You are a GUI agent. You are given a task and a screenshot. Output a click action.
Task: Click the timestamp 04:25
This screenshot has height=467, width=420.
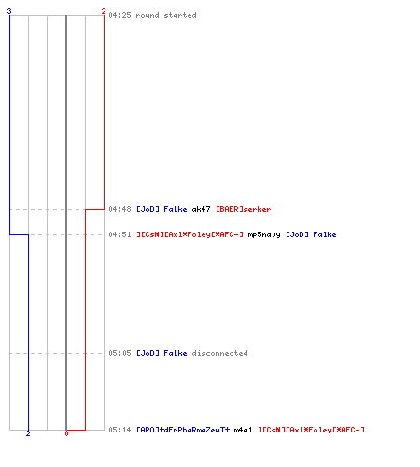[x=119, y=15]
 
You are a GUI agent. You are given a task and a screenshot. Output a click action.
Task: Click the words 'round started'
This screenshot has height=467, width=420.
[x=166, y=15]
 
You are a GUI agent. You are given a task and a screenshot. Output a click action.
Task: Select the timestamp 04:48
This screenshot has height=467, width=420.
[x=119, y=209]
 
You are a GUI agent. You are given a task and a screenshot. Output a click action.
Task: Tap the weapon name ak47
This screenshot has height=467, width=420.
[x=201, y=209]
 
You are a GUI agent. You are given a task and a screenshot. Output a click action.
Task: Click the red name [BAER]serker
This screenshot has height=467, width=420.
[x=244, y=209]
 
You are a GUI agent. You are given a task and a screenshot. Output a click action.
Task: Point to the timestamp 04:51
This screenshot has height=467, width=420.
[x=119, y=234]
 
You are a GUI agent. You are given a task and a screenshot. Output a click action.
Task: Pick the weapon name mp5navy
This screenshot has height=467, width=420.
[x=264, y=234]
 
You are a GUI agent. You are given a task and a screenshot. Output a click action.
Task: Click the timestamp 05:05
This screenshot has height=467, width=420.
[x=119, y=353]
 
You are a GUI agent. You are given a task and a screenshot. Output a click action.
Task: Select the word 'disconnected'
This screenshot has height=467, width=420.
[x=220, y=353]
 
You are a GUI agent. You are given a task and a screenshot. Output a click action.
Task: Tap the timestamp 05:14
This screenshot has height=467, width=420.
[x=119, y=430]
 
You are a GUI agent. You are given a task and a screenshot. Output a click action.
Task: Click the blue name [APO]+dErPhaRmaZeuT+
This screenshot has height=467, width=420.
[x=183, y=430]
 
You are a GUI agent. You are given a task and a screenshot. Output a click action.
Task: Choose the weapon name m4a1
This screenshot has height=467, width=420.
[x=243, y=430]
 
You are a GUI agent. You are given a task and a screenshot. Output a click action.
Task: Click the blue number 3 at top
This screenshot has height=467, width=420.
[x=9, y=11]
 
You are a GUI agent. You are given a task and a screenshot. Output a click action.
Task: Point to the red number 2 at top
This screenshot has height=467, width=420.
[x=104, y=11]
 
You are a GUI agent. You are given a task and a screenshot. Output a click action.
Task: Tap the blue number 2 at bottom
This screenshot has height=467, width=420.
[x=28, y=433]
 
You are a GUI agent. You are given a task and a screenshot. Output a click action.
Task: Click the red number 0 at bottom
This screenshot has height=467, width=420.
[x=66, y=433]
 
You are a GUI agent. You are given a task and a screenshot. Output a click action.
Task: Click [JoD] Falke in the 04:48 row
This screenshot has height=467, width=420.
[x=161, y=209]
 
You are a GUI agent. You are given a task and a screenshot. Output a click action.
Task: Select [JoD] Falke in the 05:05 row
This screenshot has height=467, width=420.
[x=161, y=353]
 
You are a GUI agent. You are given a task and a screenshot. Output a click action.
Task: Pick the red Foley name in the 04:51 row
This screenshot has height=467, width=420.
[x=190, y=234]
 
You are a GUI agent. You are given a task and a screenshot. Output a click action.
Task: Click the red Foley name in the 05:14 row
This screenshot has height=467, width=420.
[x=311, y=430]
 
